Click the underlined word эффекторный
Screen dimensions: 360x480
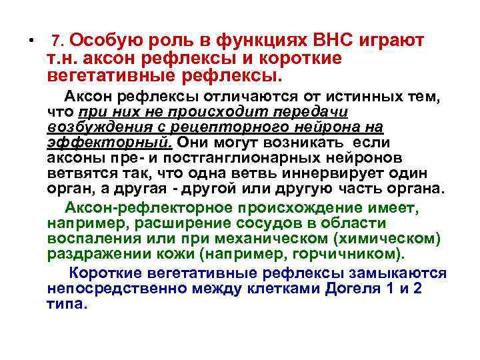[110, 142]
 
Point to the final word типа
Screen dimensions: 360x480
[67, 303]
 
